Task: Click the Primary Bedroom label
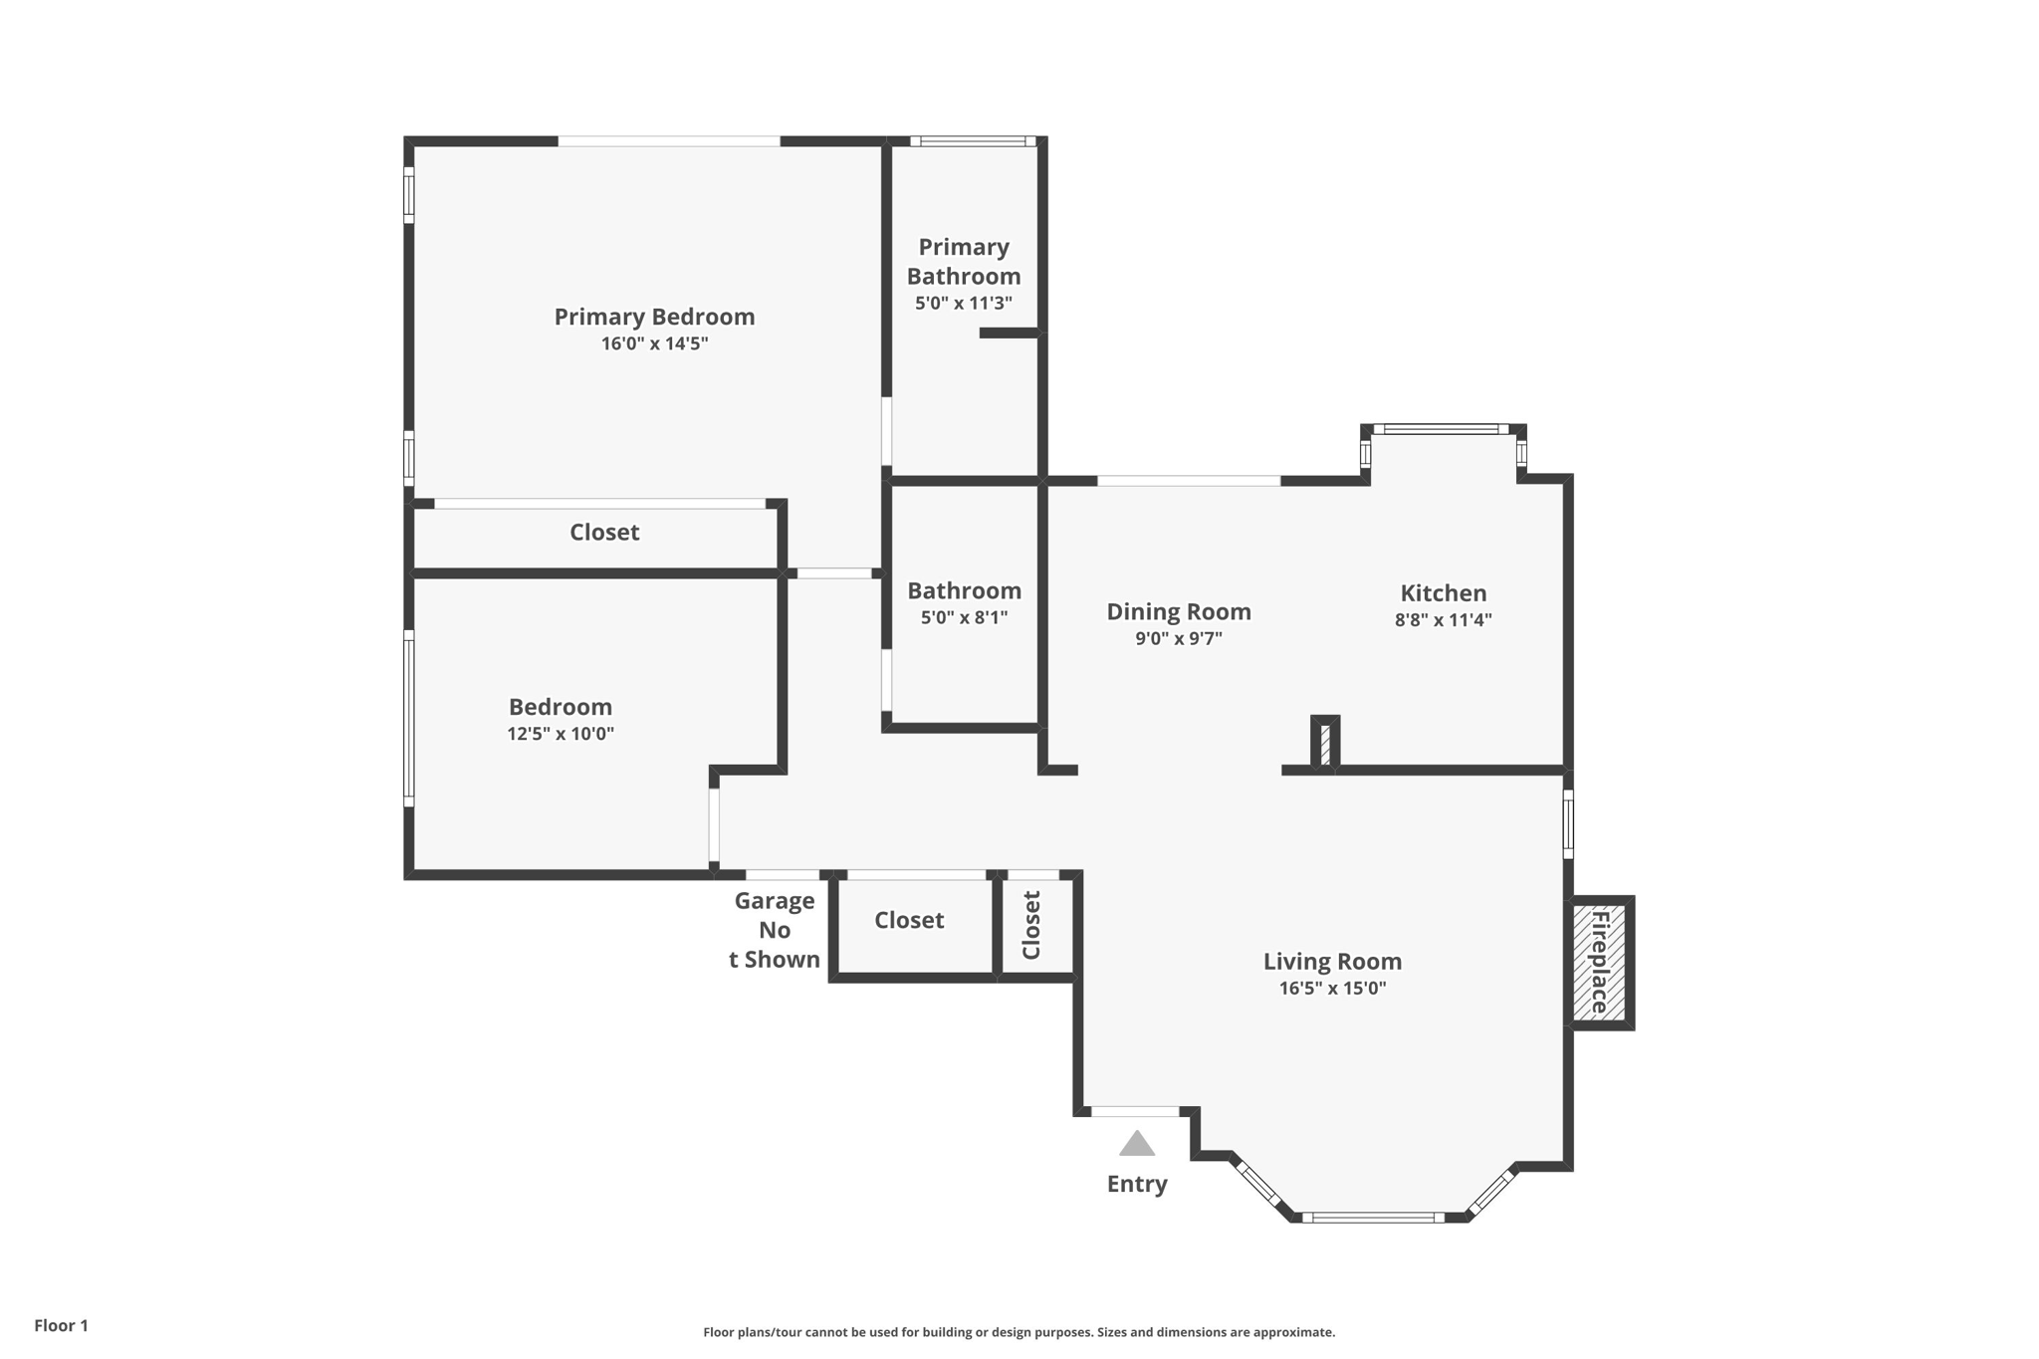point(654,317)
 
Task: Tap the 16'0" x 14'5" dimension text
point(654,344)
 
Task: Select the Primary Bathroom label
point(963,261)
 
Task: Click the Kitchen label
point(1443,593)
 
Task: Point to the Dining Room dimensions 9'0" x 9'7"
point(1178,639)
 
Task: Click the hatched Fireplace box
point(1599,962)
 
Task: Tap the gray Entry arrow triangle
point(1136,1144)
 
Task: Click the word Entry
point(1136,1184)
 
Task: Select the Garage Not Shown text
point(775,930)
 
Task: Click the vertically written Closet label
point(1031,925)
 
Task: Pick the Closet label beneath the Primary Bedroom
point(604,533)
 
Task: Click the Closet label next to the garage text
point(909,921)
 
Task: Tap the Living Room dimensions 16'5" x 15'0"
point(1332,989)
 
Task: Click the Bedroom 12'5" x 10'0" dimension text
point(560,735)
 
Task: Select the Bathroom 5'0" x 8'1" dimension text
point(964,618)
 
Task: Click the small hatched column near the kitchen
point(1325,744)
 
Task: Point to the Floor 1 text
point(61,1325)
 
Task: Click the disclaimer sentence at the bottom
point(1019,1332)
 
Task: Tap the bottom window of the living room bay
point(1373,1217)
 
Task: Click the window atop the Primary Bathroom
point(973,141)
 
